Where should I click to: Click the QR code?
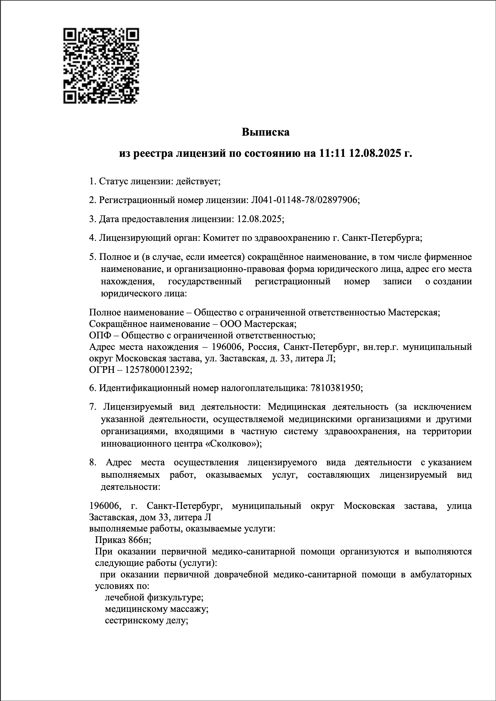(x=101, y=66)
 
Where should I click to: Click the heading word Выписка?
(x=266, y=132)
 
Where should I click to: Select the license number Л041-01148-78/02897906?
(x=304, y=200)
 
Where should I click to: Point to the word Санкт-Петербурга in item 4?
(x=382, y=237)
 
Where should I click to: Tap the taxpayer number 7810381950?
(x=335, y=388)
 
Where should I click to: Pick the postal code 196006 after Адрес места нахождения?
(x=226, y=347)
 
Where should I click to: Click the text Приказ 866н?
(x=123, y=540)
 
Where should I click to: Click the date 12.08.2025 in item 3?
(x=259, y=219)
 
